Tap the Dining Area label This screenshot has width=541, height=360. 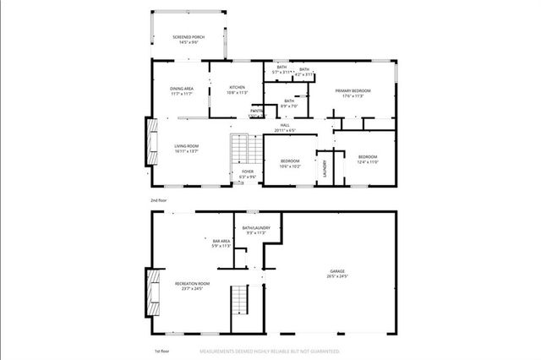[x=183, y=91]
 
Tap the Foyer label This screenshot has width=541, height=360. [x=248, y=173]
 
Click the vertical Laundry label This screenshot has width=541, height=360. [x=325, y=169]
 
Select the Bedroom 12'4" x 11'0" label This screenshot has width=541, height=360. [x=367, y=159]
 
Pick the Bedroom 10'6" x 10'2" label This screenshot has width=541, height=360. [x=289, y=163]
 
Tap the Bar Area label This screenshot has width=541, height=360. [x=221, y=243]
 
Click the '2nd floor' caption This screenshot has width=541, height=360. [x=159, y=199]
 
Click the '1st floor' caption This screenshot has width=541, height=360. [x=159, y=349]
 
